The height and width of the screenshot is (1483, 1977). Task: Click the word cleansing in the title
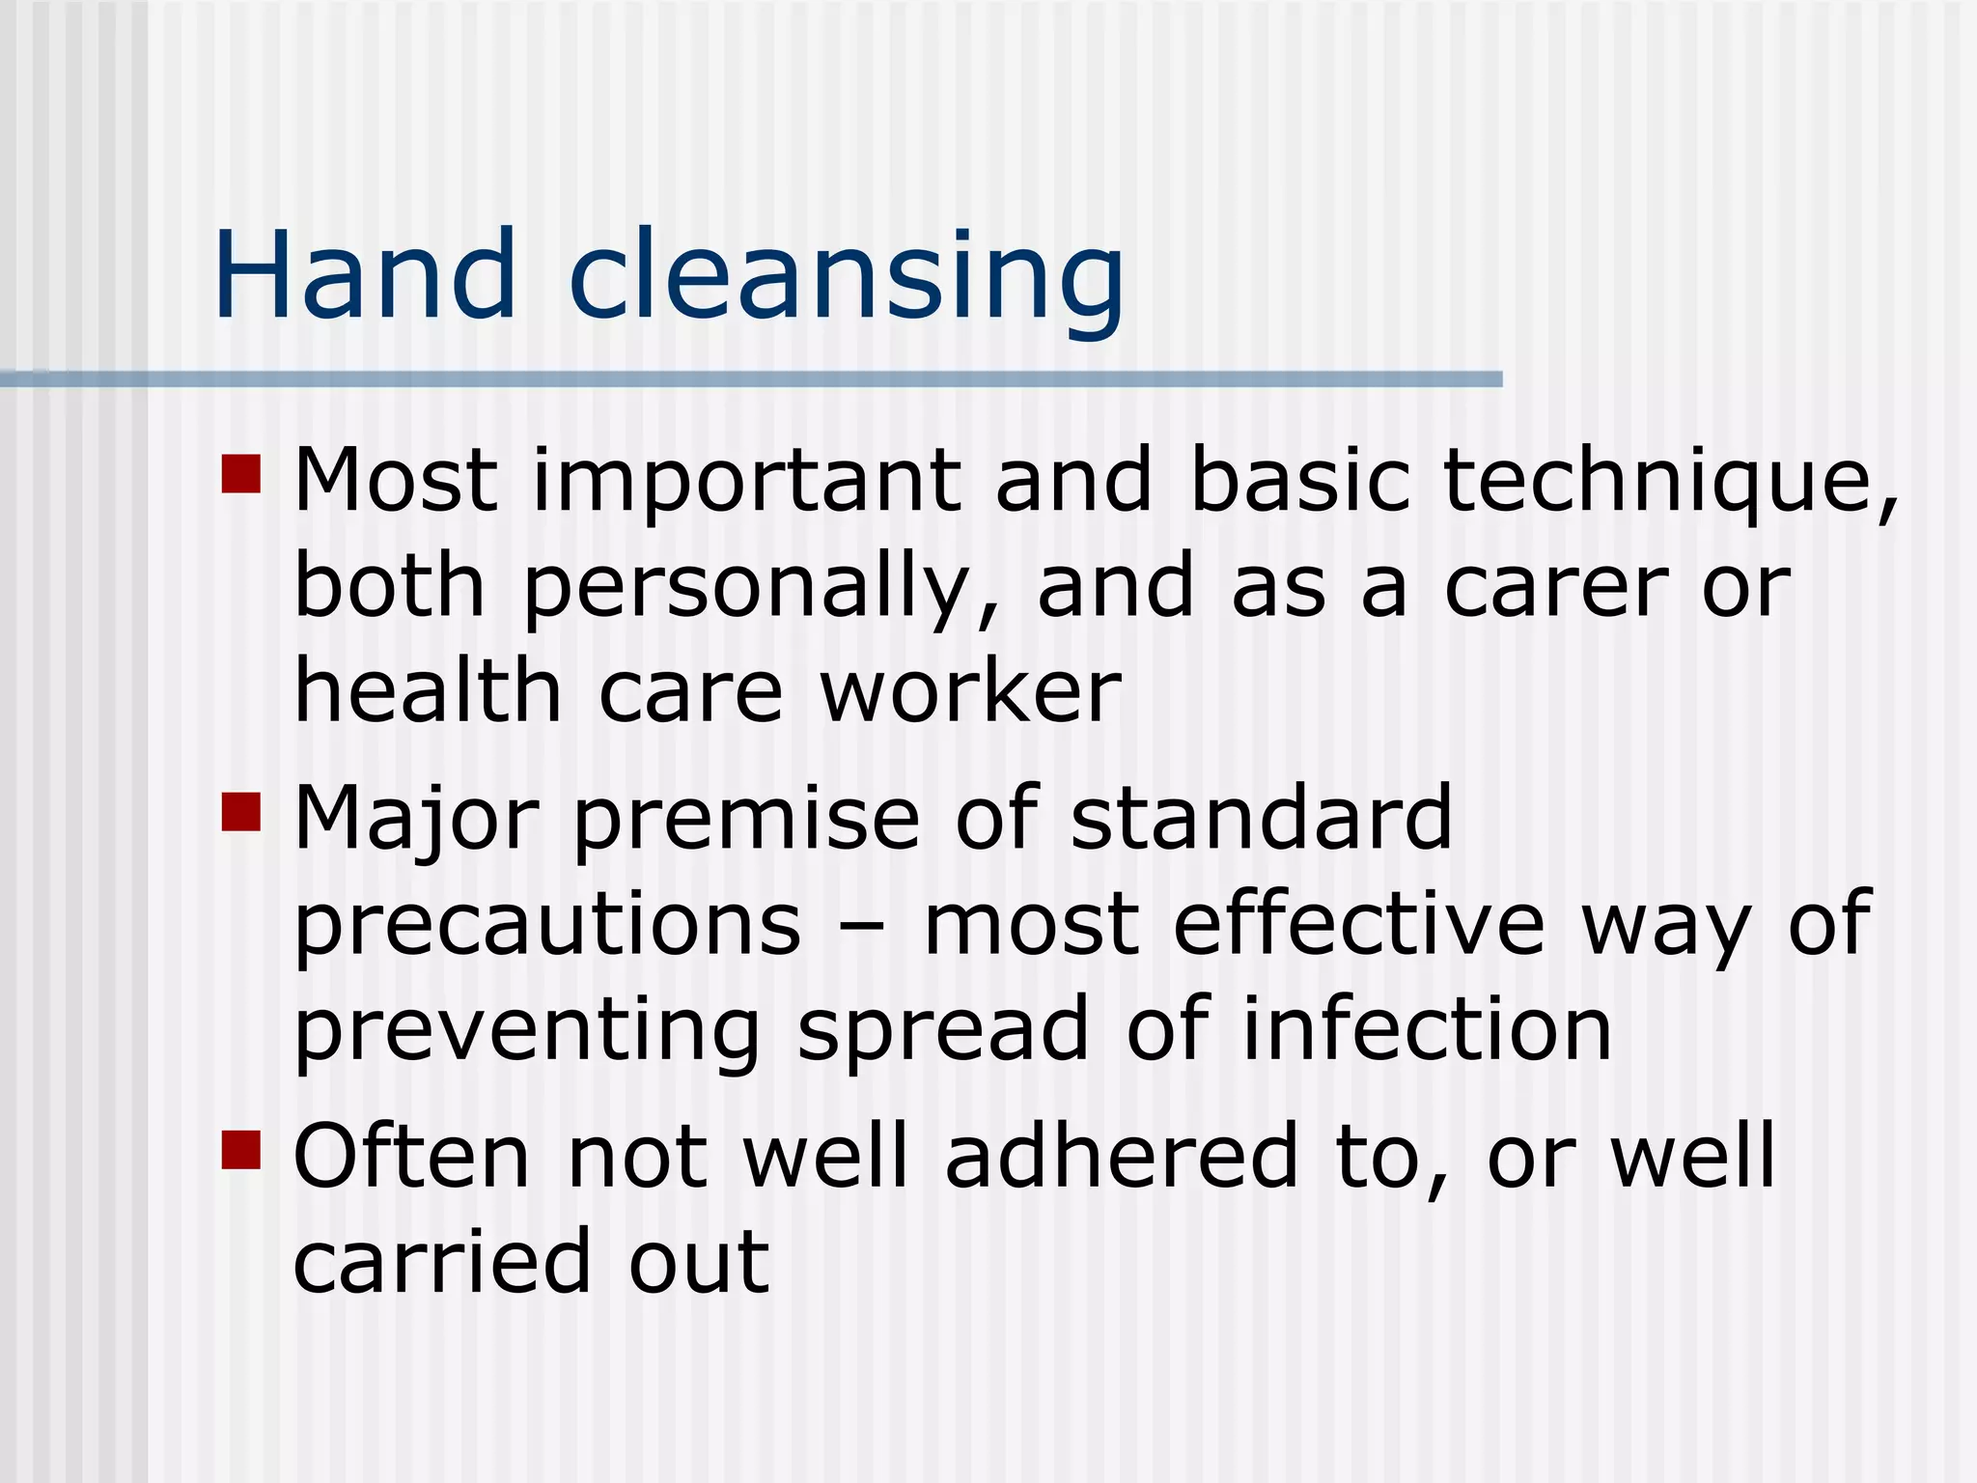[x=847, y=280]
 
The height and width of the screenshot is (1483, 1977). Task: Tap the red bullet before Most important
[x=241, y=474]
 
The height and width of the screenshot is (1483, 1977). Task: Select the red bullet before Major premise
[x=241, y=812]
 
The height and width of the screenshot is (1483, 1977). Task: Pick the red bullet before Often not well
[x=241, y=1150]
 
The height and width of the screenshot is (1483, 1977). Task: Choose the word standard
[x=1261, y=819]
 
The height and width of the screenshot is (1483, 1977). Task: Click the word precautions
[x=547, y=925]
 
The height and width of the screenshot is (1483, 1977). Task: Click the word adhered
[x=1122, y=1156]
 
